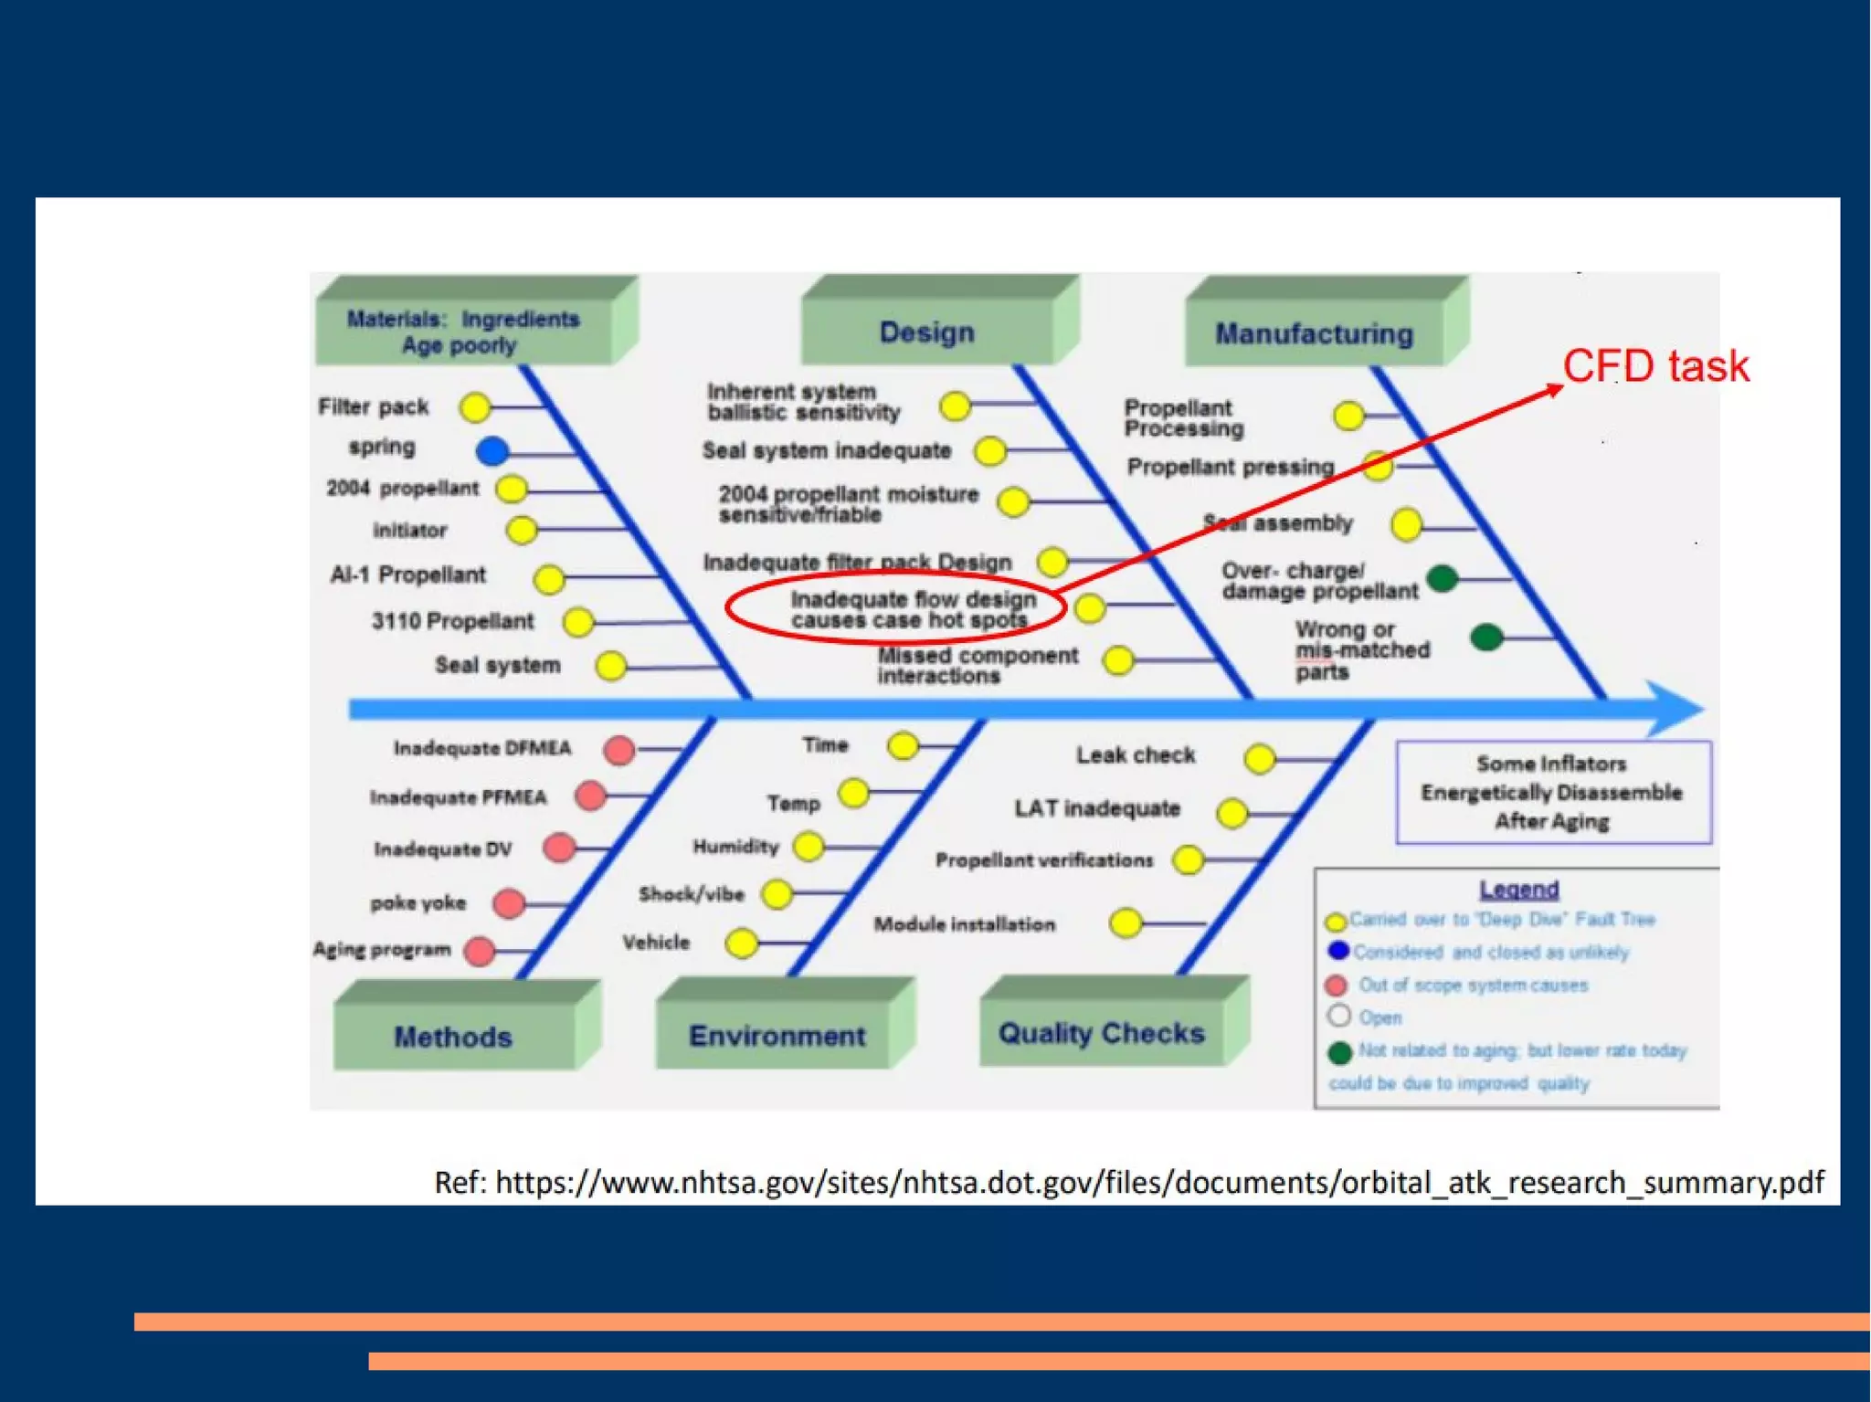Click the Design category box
[926, 332]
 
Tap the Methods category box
[453, 1037]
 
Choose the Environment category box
[777, 1036]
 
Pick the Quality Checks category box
[1101, 1033]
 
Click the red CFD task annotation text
[1655, 366]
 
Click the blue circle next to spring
[492, 450]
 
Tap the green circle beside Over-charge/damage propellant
[1442, 578]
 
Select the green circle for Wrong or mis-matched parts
[1486, 637]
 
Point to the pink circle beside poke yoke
[509, 903]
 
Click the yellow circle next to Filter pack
[475, 407]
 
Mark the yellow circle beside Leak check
[1260, 758]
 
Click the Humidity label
[735, 847]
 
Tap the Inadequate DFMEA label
[482, 749]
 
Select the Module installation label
[964, 924]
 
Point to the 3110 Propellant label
[452, 621]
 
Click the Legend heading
[1518, 889]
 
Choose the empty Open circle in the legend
[1339, 1016]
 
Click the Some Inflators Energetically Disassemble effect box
[1552, 792]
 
